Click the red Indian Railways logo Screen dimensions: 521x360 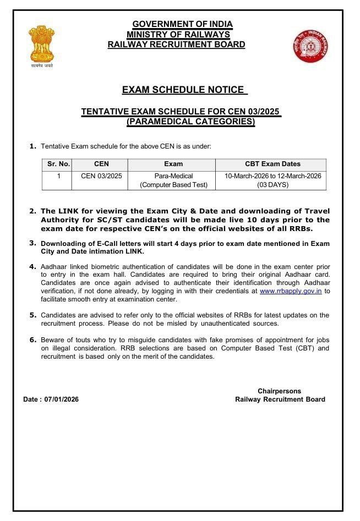pyautogui.click(x=310, y=46)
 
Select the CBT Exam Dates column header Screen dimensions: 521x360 pyautogui.click(x=272, y=164)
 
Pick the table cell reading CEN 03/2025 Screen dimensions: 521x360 pyautogui.click(x=101, y=176)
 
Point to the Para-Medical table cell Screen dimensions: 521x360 pyautogui.click(x=173, y=176)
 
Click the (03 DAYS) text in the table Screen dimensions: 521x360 pyautogui.click(x=272, y=185)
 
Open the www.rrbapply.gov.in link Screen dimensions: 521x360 pyautogui.click(x=291, y=290)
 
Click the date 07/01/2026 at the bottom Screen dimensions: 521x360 pyautogui.click(x=61, y=399)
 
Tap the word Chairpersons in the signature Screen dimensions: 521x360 pyautogui.click(x=279, y=391)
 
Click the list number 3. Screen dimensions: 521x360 pyautogui.click(x=32, y=242)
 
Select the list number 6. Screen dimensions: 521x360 pyautogui.click(x=32, y=339)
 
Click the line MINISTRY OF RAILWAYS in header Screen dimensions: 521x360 pyautogui.click(x=178, y=35)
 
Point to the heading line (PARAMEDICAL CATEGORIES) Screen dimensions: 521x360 pyautogui.click(x=190, y=122)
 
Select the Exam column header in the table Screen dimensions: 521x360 pyautogui.click(x=173, y=164)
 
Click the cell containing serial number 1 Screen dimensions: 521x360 pyautogui.click(x=58, y=176)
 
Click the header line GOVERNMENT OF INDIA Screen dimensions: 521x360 pyautogui.click(x=182, y=24)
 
